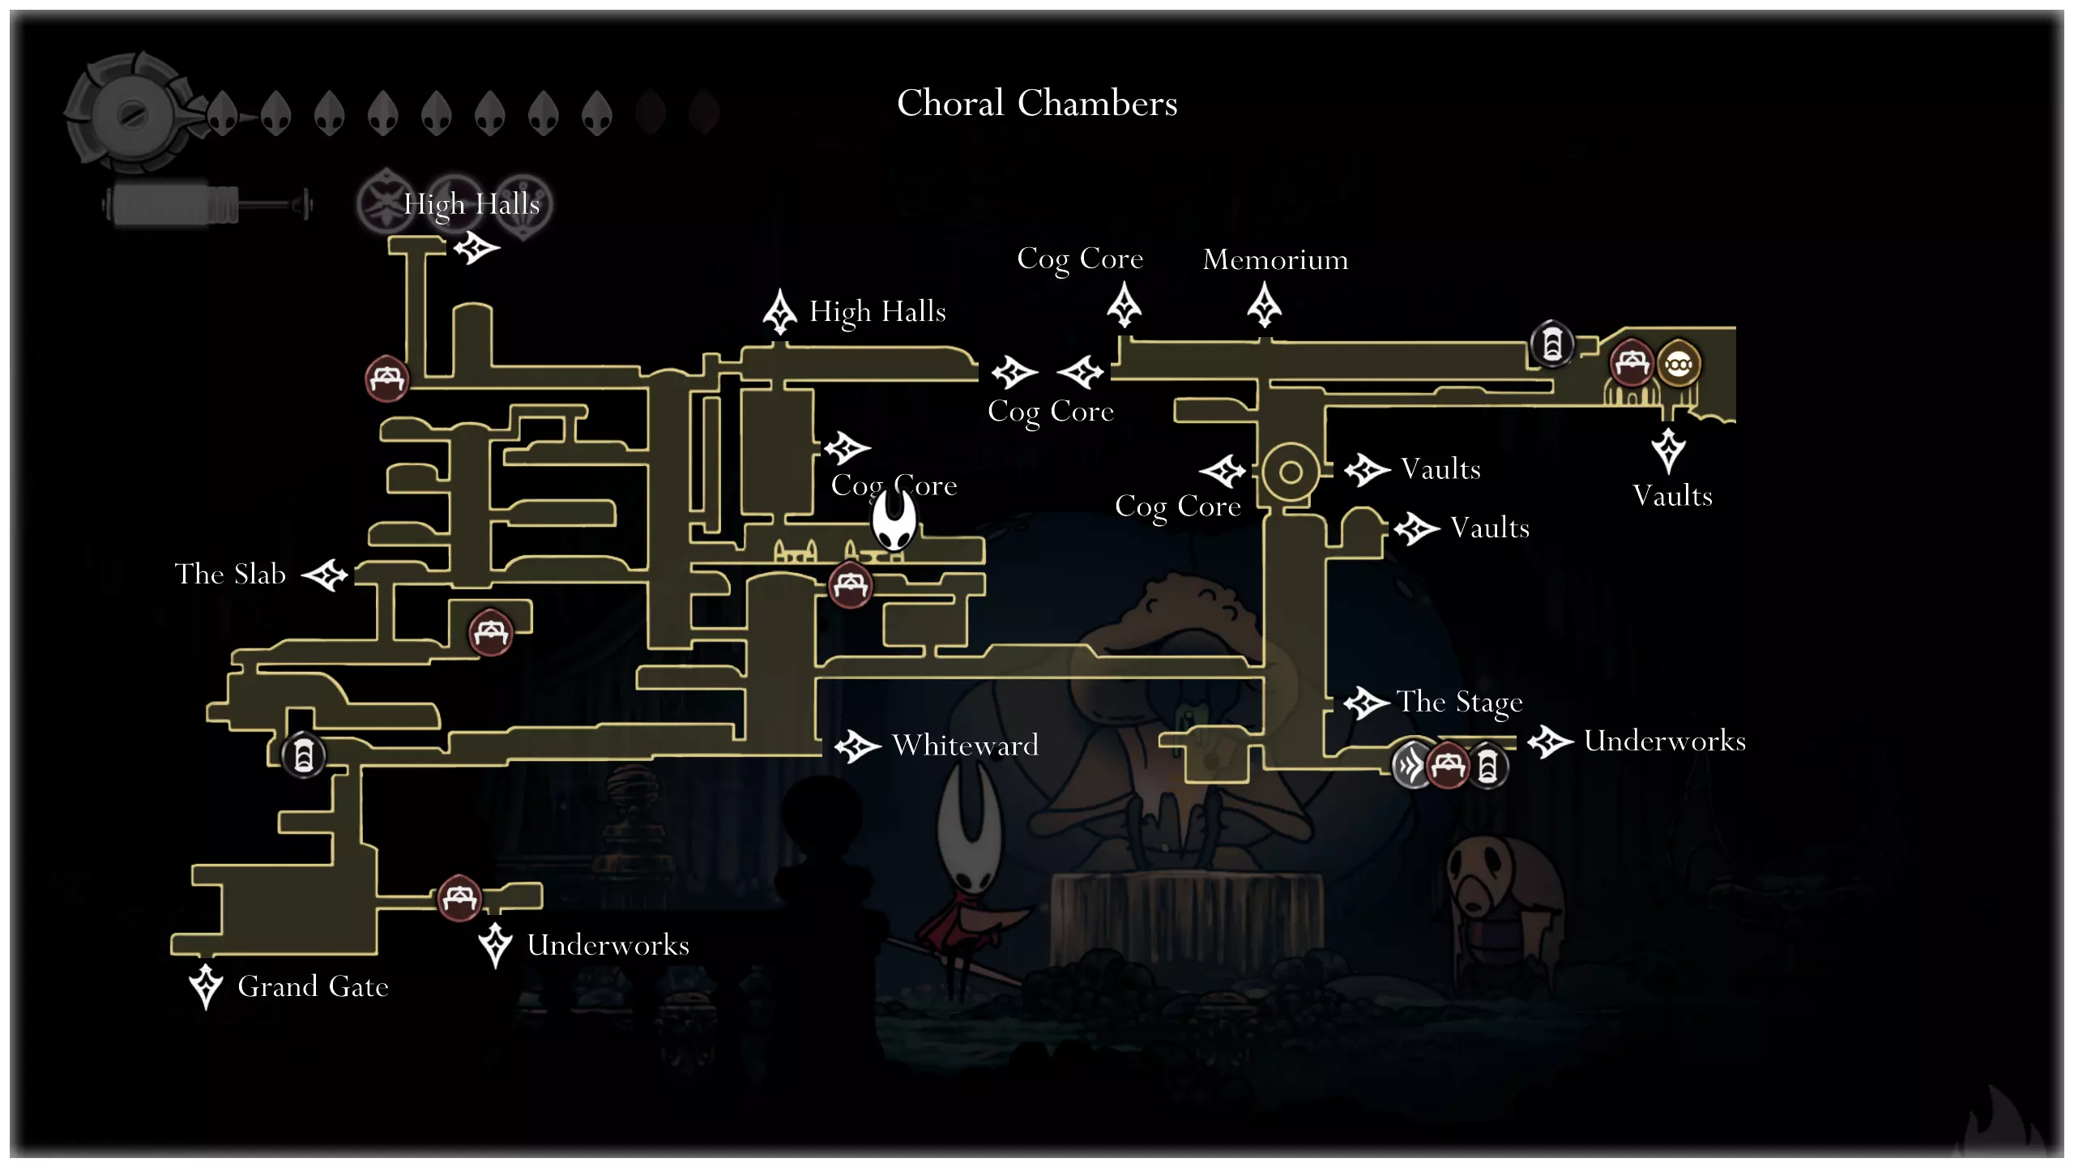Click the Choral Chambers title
pyautogui.click(x=1037, y=104)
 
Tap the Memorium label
pyautogui.click(x=1275, y=259)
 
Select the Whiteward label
pyautogui.click(x=965, y=745)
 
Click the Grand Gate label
pyautogui.click(x=313, y=986)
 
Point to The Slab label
pyautogui.click(x=230, y=574)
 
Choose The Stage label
pyautogui.click(x=1459, y=702)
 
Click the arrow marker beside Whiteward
pyautogui.click(x=857, y=746)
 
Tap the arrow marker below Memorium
pyautogui.click(x=1264, y=306)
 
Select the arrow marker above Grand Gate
pyautogui.click(x=206, y=985)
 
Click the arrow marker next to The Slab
pyautogui.click(x=325, y=575)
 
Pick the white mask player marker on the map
pyautogui.click(x=894, y=520)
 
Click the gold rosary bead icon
pyautogui.click(x=1678, y=365)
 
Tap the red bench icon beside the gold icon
pyautogui.click(x=1631, y=362)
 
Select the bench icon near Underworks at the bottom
pyautogui.click(x=459, y=897)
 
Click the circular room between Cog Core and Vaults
pyautogui.click(x=1291, y=472)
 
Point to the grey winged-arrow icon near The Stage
pyautogui.click(x=1411, y=764)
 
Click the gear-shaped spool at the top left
pyautogui.click(x=130, y=113)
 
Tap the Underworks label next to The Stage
pyautogui.click(x=1664, y=741)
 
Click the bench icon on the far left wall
pyautogui.click(x=386, y=378)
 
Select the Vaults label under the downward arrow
pyautogui.click(x=1672, y=495)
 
